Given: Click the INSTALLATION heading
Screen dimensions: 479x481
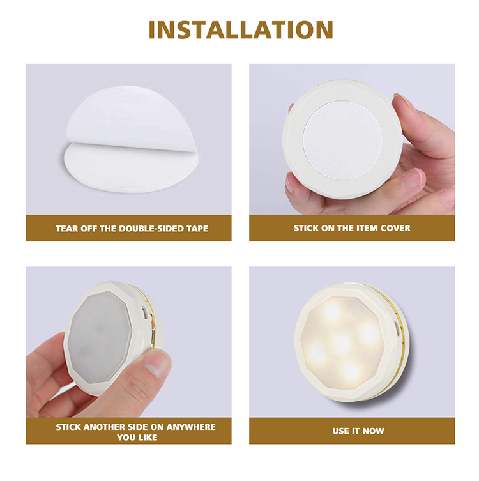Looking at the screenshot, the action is coord(241,30).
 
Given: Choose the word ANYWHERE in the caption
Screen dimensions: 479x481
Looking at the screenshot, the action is coord(191,427).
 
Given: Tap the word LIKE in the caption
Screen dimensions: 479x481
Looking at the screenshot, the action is coord(148,437).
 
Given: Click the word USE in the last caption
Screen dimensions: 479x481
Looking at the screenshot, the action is coord(340,431).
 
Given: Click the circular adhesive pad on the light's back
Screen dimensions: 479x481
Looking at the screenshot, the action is coord(342,141).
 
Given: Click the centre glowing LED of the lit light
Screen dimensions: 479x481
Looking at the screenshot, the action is coord(342,341).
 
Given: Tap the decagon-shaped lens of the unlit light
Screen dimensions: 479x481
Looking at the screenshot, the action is coord(100,337).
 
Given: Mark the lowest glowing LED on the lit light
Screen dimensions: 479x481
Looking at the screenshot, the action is coord(351,372).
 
